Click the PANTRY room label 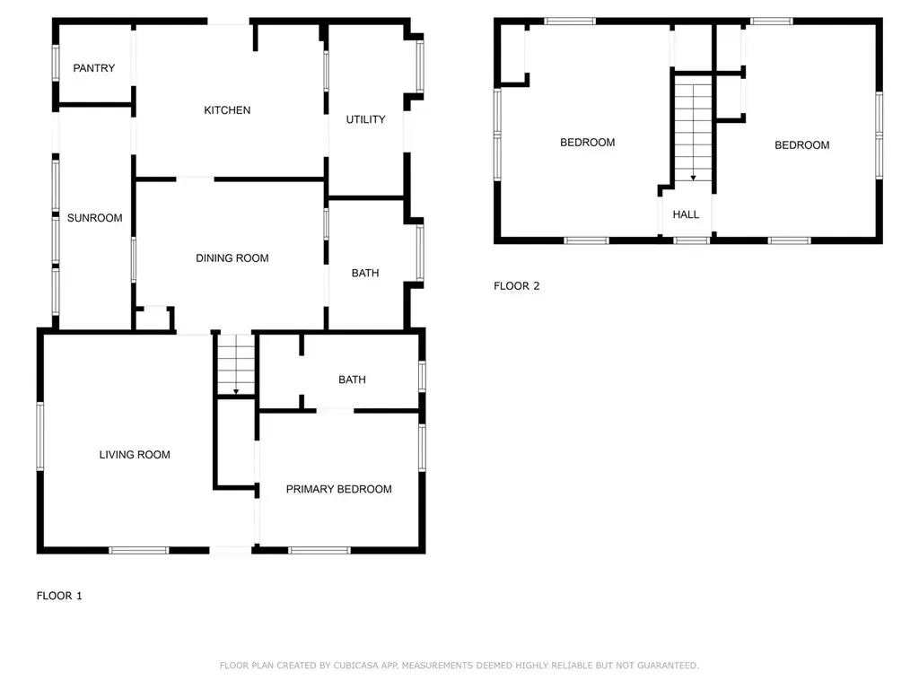click(93, 68)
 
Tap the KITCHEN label click(227, 110)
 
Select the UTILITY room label click(366, 119)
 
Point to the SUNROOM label click(95, 218)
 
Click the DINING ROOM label click(232, 257)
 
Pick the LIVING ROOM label click(135, 455)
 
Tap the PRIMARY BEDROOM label click(338, 489)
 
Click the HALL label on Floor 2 click(686, 214)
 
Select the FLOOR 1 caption click(59, 596)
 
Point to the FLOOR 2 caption click(516, 286)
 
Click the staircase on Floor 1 click(236, 364)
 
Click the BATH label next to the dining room click(365, 273)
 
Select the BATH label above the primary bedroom click(352, 379)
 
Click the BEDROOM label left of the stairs click(587, 143)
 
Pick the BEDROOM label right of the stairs click(801, 145)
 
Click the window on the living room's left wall click(40, 436)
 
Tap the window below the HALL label click(692, 240)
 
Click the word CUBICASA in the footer click(356, 666)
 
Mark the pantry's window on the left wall click(56, 63)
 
